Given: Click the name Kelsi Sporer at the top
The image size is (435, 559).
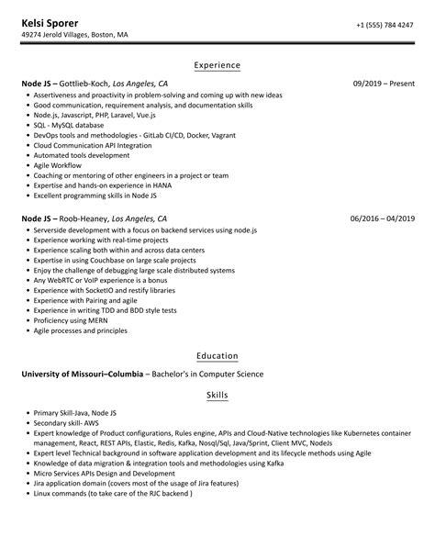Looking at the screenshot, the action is click(50, 21).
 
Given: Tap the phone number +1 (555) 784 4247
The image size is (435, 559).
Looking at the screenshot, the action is click(385, 24).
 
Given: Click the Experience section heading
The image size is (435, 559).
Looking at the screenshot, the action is click(217, 65).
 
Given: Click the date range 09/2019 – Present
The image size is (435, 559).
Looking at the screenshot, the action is click(384, 84).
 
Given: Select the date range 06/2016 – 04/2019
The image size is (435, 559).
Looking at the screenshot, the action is click(383, 219).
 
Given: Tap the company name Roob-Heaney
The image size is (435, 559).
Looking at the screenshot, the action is click(84, 219).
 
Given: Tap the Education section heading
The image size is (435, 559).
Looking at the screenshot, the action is click(217, 355).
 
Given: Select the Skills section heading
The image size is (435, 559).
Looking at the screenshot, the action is click(217, 395).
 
